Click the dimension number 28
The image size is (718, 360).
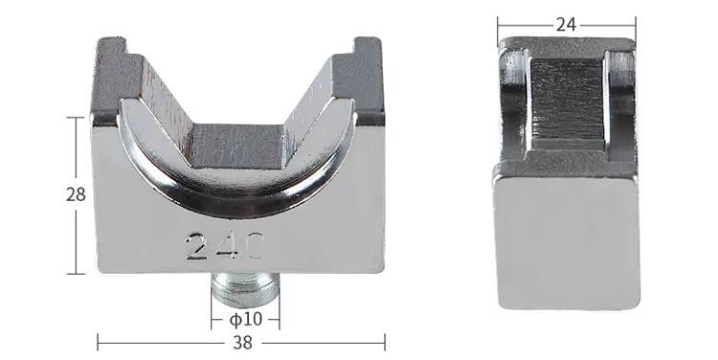pos(76,194)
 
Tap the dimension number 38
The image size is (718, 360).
pos(242,343)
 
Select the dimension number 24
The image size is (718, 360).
pos(566,25)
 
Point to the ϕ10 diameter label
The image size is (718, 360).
pos(245,319)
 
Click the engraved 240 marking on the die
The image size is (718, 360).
pos(225,246)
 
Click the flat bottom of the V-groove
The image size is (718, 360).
pos(238,146)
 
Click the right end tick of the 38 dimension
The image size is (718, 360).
pos(385,343)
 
